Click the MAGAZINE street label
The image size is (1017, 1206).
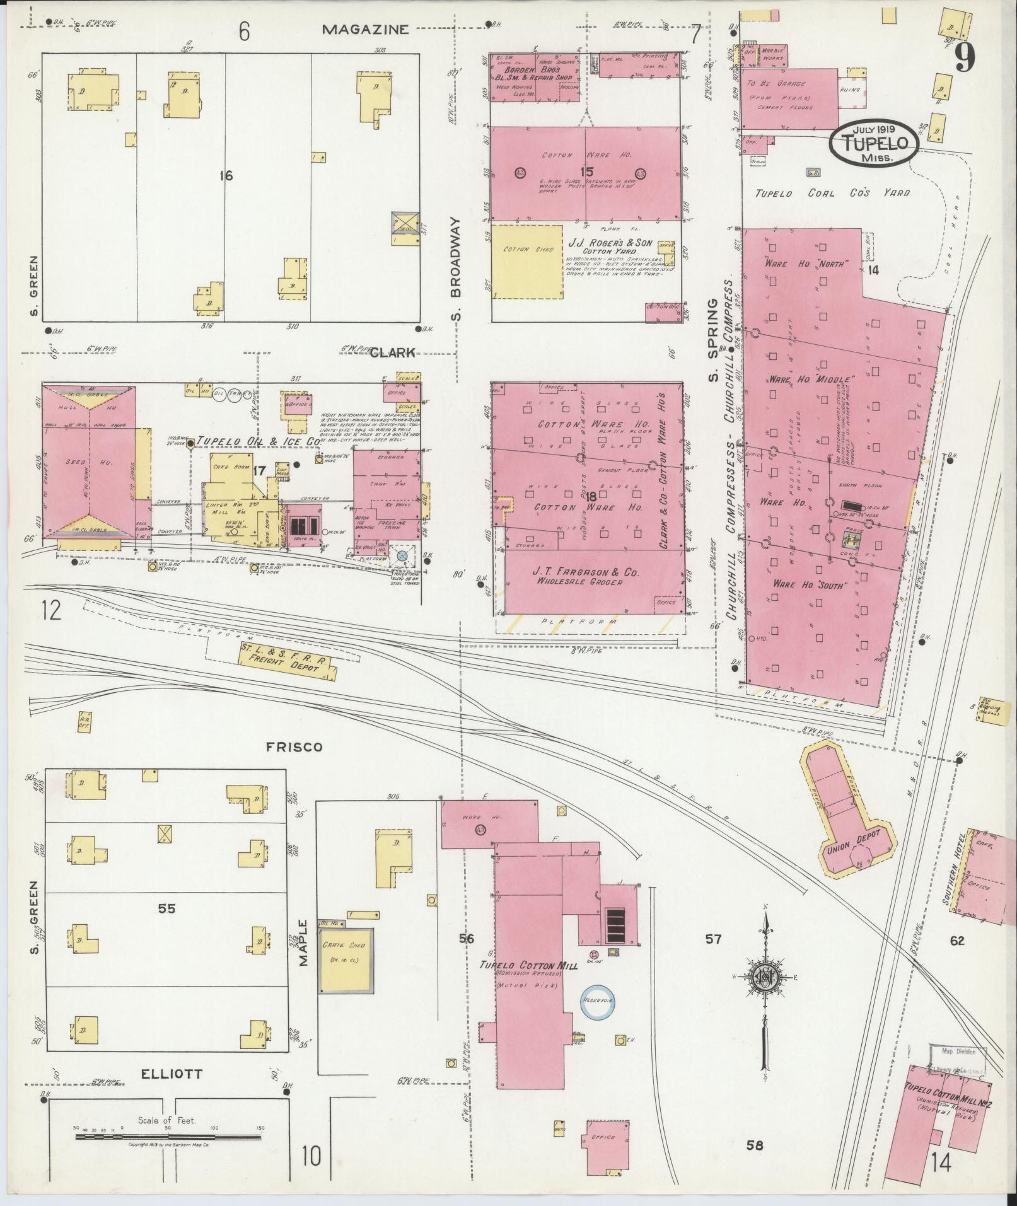click(366, 29)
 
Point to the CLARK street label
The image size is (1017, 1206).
click(393, 353)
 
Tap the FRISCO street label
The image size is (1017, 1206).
click(294, 747)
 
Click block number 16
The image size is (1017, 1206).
click(226, 176)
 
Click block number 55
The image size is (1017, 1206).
click(167, 908)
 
